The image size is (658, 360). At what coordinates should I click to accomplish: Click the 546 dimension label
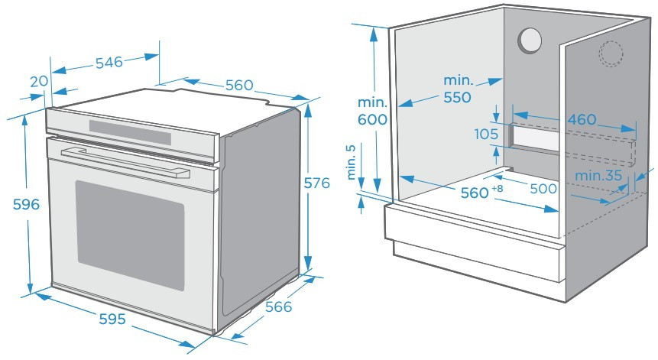click(x=109, y=63)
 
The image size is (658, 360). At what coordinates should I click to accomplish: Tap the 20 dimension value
click(x=39, y=81)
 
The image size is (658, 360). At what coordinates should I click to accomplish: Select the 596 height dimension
click(x=26, y=204)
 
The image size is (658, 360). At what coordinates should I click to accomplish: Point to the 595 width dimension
click(x=112, y=319)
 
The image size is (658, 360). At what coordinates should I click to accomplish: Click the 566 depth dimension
click(x=278, y=306)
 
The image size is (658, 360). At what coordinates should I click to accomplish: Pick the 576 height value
click(x=317, y=183)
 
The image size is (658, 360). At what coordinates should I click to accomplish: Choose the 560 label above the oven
click(x=239, y=85)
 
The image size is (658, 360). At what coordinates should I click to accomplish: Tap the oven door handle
click(x=125, y=162)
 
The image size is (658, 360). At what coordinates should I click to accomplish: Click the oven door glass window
click(x=130, y=235)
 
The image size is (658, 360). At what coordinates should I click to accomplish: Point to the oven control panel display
click(x=130, y=131)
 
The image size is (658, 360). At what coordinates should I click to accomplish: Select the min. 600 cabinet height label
click(x=372, y=111)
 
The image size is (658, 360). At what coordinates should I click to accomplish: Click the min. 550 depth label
click(x=458, y=89)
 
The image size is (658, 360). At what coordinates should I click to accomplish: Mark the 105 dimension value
click(x=486, y=135)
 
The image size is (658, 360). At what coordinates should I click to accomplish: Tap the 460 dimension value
click(x=582, y=119)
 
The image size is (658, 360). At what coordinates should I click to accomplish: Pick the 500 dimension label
click(x=543, y=188)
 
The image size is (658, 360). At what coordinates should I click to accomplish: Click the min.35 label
click(x=598, y=175)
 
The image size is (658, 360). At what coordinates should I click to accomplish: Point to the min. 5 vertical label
click(x=352, y=162)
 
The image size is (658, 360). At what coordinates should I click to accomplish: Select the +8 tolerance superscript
click(x=498, y=188)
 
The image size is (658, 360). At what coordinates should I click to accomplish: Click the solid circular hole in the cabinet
click(x=530, y=41)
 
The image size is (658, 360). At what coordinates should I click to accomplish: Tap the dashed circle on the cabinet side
click(x=611, y=54)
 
